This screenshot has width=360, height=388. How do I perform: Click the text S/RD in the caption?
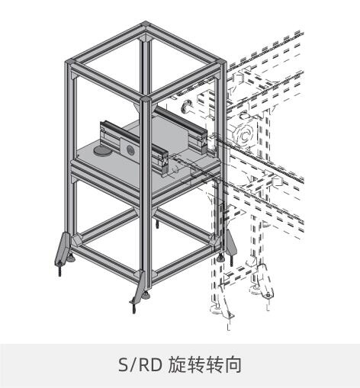coord(140,364)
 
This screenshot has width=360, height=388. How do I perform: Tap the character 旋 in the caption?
coord(177,364)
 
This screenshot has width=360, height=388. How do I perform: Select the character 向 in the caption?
coord(233,364)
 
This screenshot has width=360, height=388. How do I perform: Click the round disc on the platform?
coord(103,150)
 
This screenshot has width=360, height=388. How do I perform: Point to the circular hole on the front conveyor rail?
coord(130,149)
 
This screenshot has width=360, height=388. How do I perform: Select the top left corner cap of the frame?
coord(71,61)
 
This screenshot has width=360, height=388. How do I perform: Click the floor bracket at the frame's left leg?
coord(62,248)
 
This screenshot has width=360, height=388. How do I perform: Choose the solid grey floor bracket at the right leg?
coord(231,243)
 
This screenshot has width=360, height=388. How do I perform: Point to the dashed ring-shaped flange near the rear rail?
coord(186,106)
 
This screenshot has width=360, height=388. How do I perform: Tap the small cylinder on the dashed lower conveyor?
coord(277,181)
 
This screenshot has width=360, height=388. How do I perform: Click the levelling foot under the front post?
coord(146,294)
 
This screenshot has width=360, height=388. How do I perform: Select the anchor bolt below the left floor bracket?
coord(59,269)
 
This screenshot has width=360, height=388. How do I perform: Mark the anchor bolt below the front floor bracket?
coord(133,307)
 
